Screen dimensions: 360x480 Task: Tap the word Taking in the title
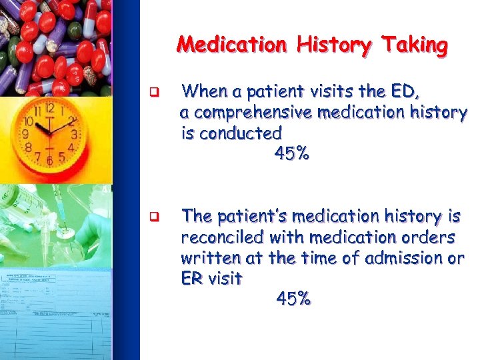pyautogui.click(x=415, y=45)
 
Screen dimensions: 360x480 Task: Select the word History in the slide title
pyautogui.click(x=327, y=45)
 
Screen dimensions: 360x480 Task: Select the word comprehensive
pyautogui.click(x=259, y=112)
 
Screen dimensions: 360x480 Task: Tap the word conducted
pyautogui.click(x=241, y=133)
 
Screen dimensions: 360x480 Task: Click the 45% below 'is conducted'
pyautogui.click(x=291, y=154)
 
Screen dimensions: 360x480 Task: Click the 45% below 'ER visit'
pyautogui.click(x=293, y=299)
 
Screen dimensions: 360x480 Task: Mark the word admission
pyautogui.click(x=399, y=258)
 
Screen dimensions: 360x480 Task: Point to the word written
pyautogui.click(x=206, y=258)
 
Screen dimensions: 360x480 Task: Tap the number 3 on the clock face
pyautogui.click(x=74, y=135)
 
